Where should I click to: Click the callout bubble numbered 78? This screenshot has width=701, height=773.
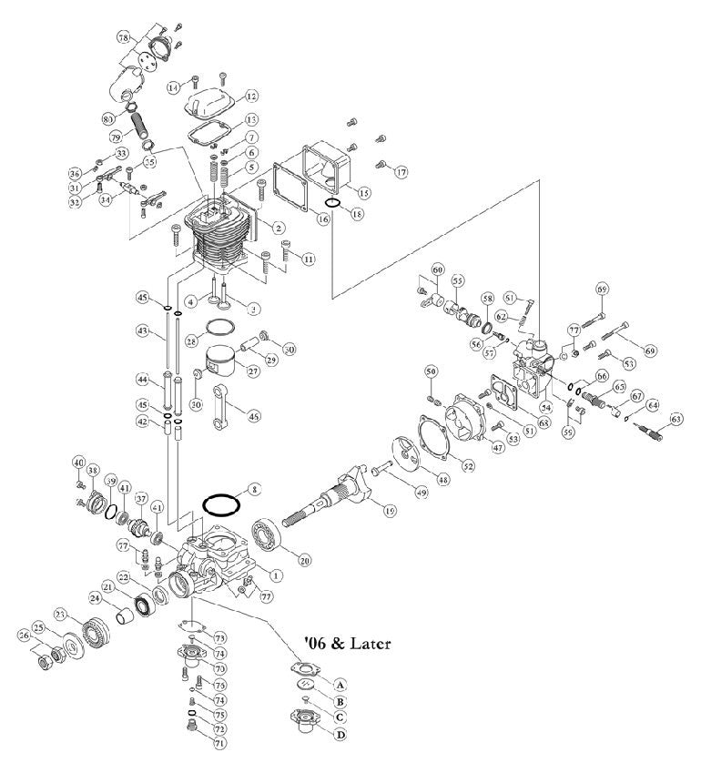(x=124, y=37)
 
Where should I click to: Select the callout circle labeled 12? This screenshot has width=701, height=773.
(x=251, y=96)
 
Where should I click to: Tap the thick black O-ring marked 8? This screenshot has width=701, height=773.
(x=220, y=503)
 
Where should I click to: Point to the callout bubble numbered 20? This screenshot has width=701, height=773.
(x=305, y=560)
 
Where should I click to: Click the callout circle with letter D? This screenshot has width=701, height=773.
(x=341, y=734)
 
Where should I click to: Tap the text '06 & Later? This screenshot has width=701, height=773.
(x=348, y=644)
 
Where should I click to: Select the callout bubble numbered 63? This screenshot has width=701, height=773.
(x=676, y=419)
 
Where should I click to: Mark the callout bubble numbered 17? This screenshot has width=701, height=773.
(x=401, y=171)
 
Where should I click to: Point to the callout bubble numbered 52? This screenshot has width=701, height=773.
(x=468, y=466)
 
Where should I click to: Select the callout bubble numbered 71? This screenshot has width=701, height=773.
(x=218, y=743)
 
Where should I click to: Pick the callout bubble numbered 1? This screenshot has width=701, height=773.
(x=277, y=575)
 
